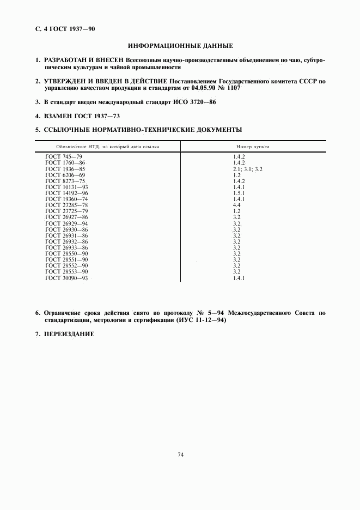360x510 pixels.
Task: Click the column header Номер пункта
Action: tap(253, 147)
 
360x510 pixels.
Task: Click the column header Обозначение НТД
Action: tap(107, 147)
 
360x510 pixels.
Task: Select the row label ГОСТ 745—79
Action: tap(63, 157)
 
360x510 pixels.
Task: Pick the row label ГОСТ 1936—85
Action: tap(65, 169)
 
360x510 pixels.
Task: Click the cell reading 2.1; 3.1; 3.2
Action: tap(248, 169)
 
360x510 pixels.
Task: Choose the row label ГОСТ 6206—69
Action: tap(65, 175)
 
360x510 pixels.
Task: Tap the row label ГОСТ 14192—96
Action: tap(66, 193)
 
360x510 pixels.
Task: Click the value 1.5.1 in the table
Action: tap(239, 193)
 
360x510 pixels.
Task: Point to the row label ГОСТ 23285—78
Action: tap(66, 205)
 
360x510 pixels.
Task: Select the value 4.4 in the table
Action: tap(236, 205)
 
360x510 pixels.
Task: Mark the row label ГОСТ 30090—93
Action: tap(66, 278)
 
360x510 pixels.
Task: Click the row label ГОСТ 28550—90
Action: tap(66, 254)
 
